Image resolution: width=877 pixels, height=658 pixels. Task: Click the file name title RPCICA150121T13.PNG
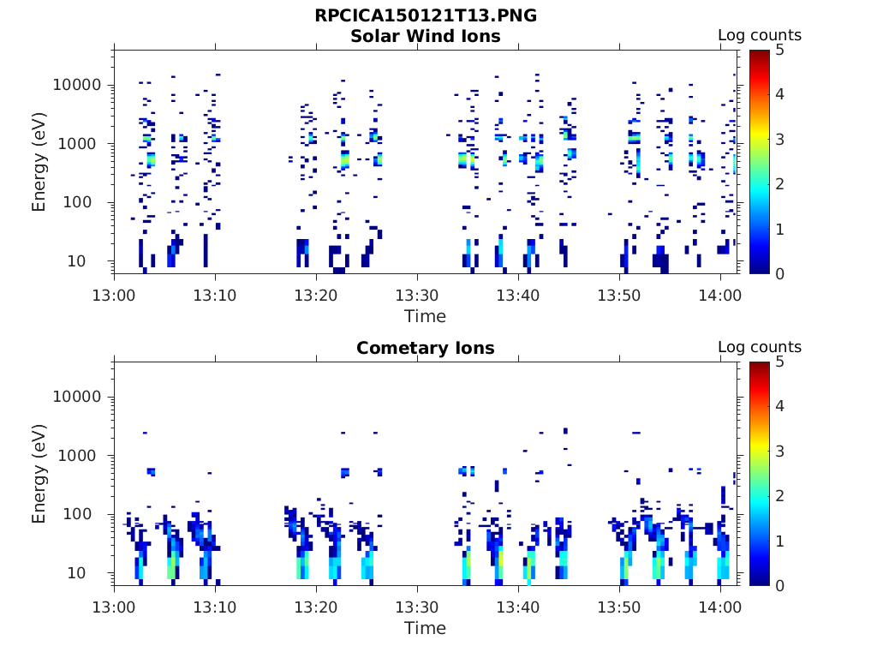(426, 15)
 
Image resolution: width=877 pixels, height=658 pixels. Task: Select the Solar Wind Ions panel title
(426, 36)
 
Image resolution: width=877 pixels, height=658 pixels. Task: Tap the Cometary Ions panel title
(426, 348)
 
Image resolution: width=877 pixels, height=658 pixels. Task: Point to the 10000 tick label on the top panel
(77, 85)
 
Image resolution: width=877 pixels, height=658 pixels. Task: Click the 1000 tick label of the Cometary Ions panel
(81, 456)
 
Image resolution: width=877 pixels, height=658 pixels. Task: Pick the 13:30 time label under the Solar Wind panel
(417, 296)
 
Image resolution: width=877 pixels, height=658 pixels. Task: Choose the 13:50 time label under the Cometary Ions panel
(619, 607)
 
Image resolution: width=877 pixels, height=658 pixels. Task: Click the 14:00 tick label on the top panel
(719, 296)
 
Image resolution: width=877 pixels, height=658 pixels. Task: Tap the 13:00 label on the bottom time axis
(114, 607)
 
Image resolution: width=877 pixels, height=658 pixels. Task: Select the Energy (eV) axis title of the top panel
(39, 162)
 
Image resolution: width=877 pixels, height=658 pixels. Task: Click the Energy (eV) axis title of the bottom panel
(39, 474)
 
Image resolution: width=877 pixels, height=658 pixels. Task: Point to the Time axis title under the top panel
(426, 317)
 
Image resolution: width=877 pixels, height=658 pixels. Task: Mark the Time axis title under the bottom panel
(426, 628)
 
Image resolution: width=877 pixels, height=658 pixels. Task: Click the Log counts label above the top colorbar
(760, 35)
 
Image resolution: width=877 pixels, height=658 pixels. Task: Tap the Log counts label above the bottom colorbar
(760, 347)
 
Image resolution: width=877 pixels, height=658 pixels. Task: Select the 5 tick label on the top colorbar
(779, 51)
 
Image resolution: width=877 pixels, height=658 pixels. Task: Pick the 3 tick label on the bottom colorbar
(779, 452)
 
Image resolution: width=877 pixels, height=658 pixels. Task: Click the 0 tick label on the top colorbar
(779, 274)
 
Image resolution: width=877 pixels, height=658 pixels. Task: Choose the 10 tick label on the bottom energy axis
(76, 573)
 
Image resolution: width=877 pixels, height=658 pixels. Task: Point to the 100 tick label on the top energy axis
(77, 202)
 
